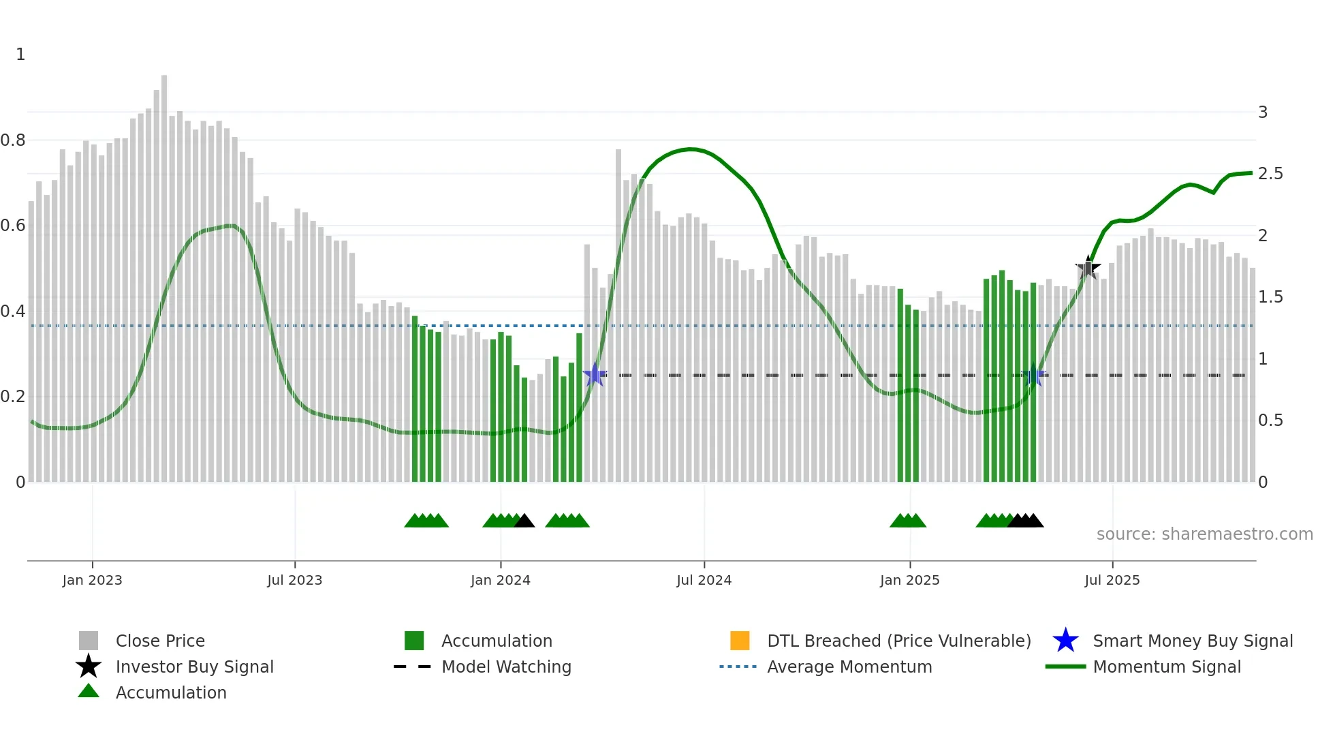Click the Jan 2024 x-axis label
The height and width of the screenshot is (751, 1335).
(500, 580)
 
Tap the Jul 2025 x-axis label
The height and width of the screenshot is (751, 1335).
(1112, 580)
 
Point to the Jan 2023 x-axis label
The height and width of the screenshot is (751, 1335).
(92, 580)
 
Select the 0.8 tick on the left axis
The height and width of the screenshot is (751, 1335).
(13, 140)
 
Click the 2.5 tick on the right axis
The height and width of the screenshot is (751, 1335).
(1270, 174)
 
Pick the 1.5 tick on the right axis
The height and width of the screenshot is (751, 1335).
(1270, 297)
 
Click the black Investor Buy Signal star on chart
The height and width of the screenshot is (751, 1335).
(1088, 268)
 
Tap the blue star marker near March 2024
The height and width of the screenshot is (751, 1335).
(595, 375)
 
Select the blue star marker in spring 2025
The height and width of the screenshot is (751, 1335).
(1033, 375)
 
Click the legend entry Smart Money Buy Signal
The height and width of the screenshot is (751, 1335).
(1192, 641)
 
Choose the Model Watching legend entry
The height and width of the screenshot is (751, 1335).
(505, 666)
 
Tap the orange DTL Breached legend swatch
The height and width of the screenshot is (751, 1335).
(740, 641)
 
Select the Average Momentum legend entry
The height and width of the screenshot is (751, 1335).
(849, 666)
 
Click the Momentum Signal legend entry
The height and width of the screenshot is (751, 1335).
(1166, 666)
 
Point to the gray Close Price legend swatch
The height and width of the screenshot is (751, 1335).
(89, 641)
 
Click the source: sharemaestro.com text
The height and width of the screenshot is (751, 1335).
(1204, 534)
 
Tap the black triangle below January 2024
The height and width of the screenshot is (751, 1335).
(524, 521)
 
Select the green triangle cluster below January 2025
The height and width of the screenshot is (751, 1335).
(907, 521)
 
